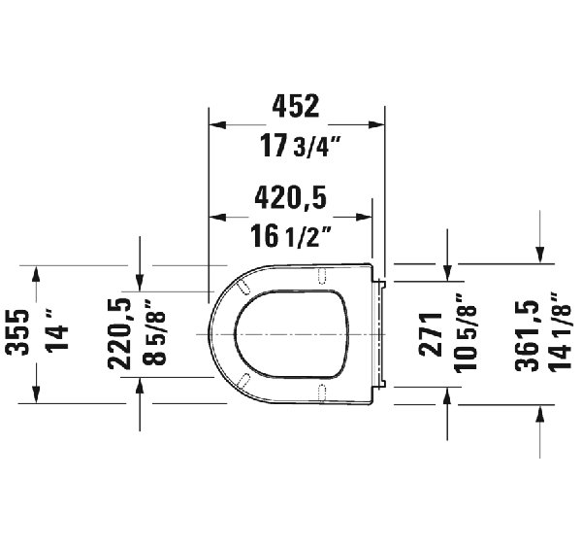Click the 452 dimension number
296,106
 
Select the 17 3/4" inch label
300,146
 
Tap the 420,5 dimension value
291,197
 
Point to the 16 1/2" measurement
290,236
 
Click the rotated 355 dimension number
17,332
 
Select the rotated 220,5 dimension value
119,334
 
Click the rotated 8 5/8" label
154,332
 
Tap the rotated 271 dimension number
431,334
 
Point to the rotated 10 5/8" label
465,333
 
